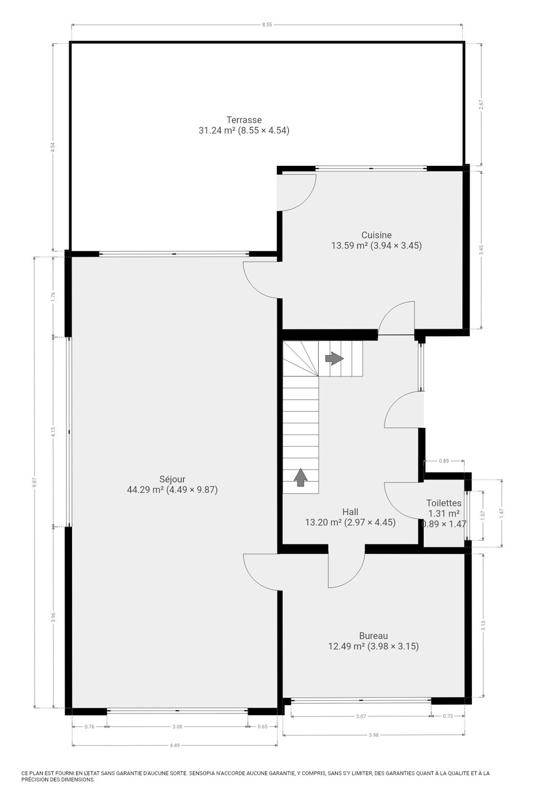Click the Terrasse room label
(x=244, y=119)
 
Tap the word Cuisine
(x=376, y=235)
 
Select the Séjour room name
(x=173, y=479)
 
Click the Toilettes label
(x=444, y=503)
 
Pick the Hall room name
(x=350, y=511)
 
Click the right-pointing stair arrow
(x=334, y=358)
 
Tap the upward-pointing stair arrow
(x=300, y=477)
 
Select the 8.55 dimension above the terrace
(x=267, y=25)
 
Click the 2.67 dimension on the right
(x=481, y=104)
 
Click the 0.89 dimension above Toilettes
(x=444, y=461)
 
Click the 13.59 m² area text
(x=350, y=246)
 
